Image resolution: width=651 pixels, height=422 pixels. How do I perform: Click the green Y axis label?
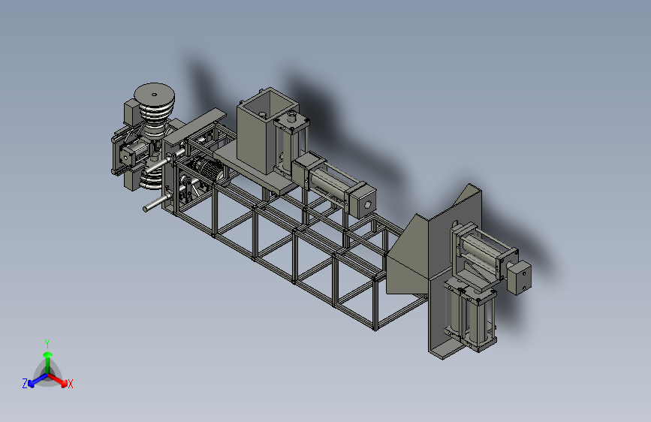click(47, 344)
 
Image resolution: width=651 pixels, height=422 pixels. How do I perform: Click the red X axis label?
click(70, 384)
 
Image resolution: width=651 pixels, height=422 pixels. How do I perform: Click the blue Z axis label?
click(25, 384)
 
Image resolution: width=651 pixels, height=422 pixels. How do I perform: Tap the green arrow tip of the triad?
click(48, 354)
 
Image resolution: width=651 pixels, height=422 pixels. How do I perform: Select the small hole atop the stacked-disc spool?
click(155, 95)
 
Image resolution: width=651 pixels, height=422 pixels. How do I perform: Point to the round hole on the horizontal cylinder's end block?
click(367, 204)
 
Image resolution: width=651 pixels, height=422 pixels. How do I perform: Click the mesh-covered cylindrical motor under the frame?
click(209, 170)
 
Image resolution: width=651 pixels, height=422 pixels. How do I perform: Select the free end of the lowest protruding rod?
click(146, 209)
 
